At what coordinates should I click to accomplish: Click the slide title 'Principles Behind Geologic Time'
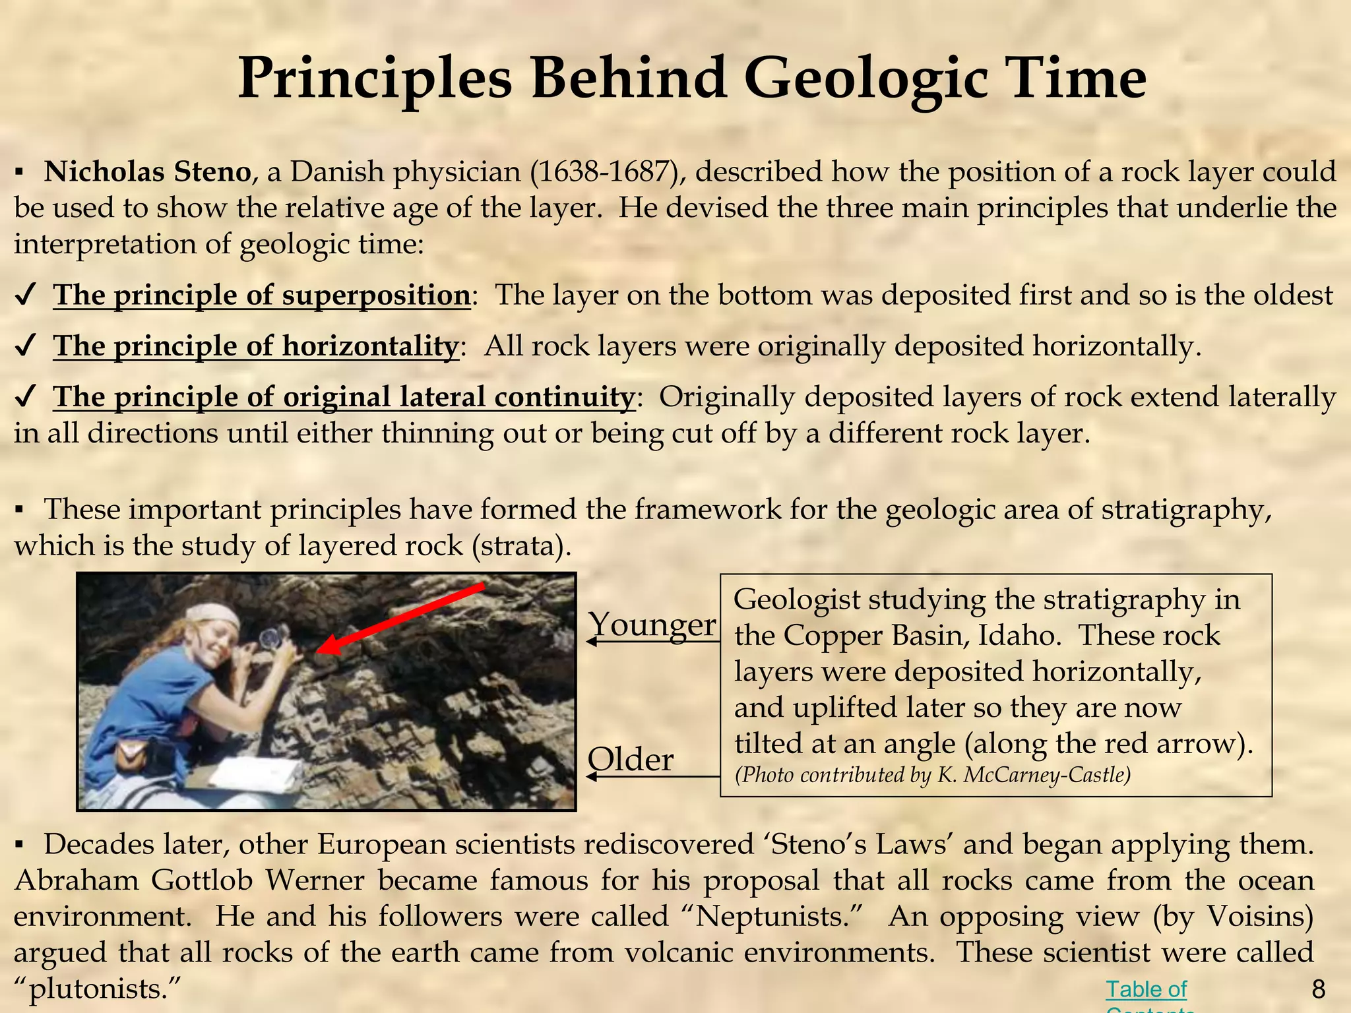pyautogui.click(x=691, y=79)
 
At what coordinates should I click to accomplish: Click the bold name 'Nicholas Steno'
pyautogui.click(x=147, y=172)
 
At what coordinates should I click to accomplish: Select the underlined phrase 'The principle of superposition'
pyautogui.click(x=261, y=295)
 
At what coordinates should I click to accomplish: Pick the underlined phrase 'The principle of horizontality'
pyautogui.click(x=255, y=346)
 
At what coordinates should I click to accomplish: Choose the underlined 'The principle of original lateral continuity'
pyautogui.click(x=343, y=397)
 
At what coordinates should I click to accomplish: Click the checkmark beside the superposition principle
pyautogui.click(x=24, y=296)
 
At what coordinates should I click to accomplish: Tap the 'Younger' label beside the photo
pyautogui.click(x=651, y=623)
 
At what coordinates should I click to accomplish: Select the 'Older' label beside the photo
pyautogui.click(x=631, y=759)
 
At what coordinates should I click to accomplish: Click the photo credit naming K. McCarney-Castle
pyautogui.click(x=933, y=775)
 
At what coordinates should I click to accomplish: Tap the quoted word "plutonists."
pyautogui.click(x=98, y=989)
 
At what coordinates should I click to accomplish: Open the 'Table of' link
pyautogui.click(x=1146, y=989)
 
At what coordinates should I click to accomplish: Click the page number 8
pyautogui.click(x=1319, y=989)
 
